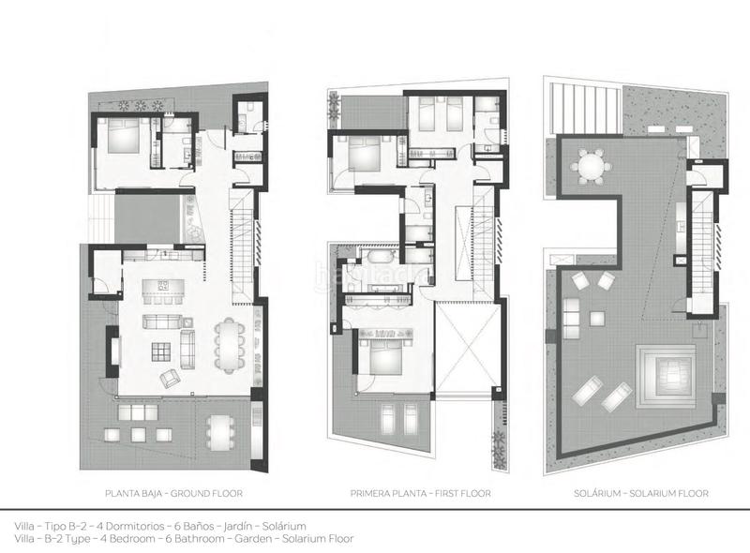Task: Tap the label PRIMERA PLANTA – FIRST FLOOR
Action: tap(408, 492)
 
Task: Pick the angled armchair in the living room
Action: tap(172, 378)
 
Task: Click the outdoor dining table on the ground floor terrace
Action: tap(220, 433)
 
